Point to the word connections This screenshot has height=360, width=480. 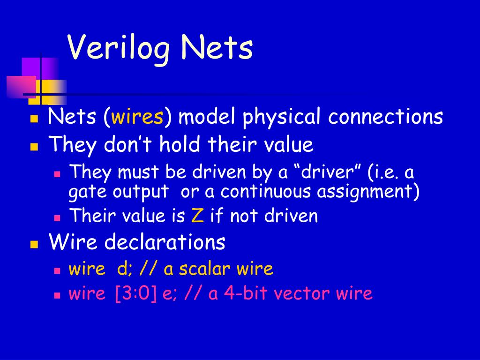click(x=385, y=117)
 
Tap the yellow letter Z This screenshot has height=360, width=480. click(x=196, y=216)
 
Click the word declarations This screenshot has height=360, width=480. click(x=165, y=242)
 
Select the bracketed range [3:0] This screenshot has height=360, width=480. click(x=135, y=293)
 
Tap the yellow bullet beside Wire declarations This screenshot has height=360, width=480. click(x=34, y=244)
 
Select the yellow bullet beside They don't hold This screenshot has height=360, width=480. click(x=34, y=146)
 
